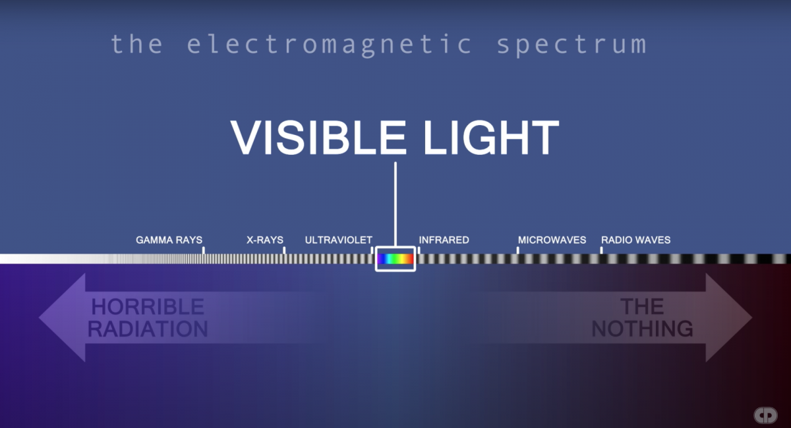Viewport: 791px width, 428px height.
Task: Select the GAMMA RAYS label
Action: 169,240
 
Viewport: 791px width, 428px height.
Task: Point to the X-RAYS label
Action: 265,240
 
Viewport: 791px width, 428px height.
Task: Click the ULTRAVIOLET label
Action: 338,240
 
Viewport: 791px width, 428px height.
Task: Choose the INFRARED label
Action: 444,240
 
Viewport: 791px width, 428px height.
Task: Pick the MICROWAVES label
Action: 552,240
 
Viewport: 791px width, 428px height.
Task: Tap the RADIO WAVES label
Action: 635,240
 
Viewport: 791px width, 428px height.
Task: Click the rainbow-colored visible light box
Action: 395,259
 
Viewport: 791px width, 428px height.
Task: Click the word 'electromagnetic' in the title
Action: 330,44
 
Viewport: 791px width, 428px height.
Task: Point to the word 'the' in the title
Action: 136,44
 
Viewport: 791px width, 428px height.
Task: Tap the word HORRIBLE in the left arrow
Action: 148,307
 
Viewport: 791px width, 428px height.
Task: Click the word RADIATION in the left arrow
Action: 148,329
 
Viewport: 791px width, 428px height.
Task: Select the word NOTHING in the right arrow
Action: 642,328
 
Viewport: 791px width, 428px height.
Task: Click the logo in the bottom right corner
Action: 765,415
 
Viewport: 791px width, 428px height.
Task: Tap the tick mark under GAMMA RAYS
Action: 203,250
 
